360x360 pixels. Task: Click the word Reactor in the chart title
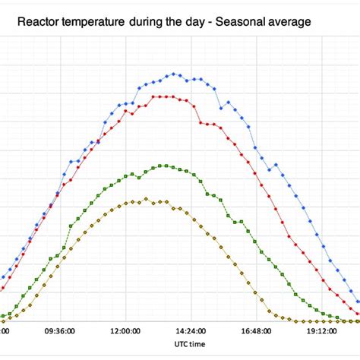pyautogui.click(x=39, y=23)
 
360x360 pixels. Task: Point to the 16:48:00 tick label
pyautogui.click(x=257, y=332)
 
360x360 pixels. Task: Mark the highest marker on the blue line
pyautogui.click(x=174, y=74)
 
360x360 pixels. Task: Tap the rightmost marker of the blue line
pyautogui.click(x=358, y=302)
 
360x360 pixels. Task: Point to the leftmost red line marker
pyautogui.click(x=2, y=289)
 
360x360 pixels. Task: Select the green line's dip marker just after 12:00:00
pyautogui.click(x=139, y=177)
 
